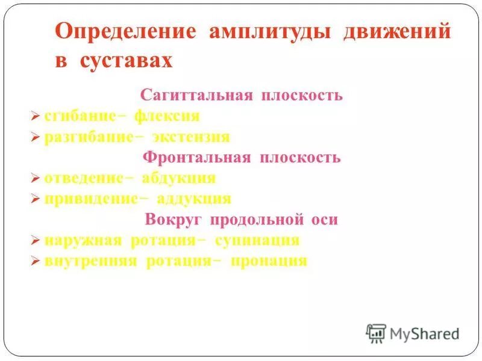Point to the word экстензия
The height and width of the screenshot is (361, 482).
(x=191, y=137)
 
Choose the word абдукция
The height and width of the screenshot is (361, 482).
(x=179, y=178)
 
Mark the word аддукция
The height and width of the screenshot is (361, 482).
(x=195, y=199)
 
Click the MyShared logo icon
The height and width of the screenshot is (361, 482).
(x=376, y=333)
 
